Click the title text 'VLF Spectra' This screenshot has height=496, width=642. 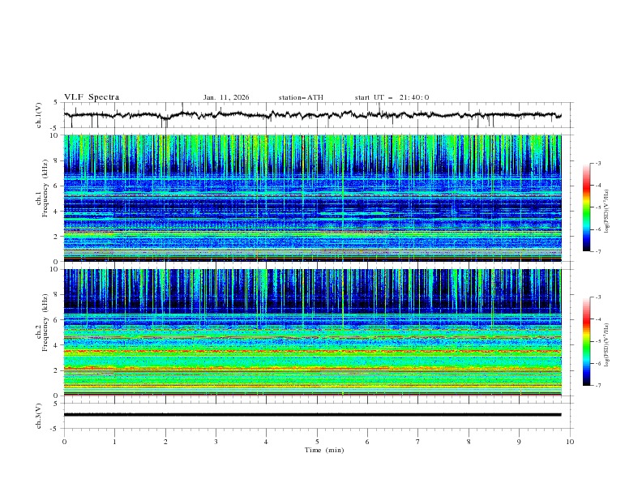[x=92, y=97]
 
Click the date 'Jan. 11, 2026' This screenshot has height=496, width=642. [x=226, y=97]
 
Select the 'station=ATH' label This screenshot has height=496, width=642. [x=301, y=97]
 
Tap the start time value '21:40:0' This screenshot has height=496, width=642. [x=414, y=97]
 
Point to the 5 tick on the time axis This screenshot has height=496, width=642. [x=317, y=442]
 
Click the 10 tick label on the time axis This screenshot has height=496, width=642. [x=570, y=442]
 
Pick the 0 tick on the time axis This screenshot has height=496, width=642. [x=64, y=442]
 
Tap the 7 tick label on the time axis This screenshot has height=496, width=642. [x=418, y=442]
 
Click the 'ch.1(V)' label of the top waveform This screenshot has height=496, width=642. [x=38, y=116]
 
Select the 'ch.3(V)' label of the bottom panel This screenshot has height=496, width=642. [x=38, y=415]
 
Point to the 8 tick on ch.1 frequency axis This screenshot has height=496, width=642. [x=55, y=160]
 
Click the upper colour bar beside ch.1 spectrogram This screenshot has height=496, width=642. [x=586, y=207]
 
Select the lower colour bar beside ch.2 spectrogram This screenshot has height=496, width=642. [x=586, y=341]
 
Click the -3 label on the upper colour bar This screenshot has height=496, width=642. [x=598, y=164]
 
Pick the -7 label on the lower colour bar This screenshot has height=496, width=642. [x=598, y=385]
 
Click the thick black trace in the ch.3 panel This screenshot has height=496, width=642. [x=317, y=415]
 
